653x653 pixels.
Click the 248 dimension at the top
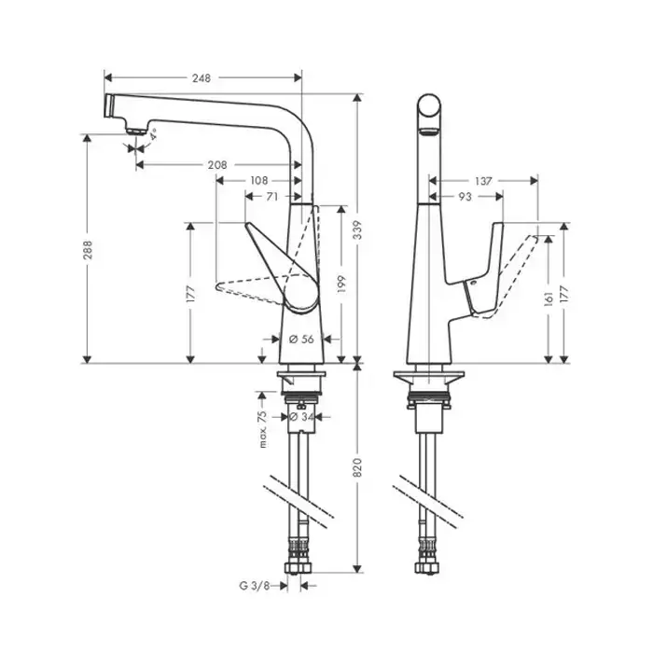tap(201, 77)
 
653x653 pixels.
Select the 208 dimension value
tap(216, 164)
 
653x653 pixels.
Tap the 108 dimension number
tap(259, 180)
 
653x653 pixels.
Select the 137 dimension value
tap(482, 180)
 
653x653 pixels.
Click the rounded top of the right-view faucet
tap(429, 105)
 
